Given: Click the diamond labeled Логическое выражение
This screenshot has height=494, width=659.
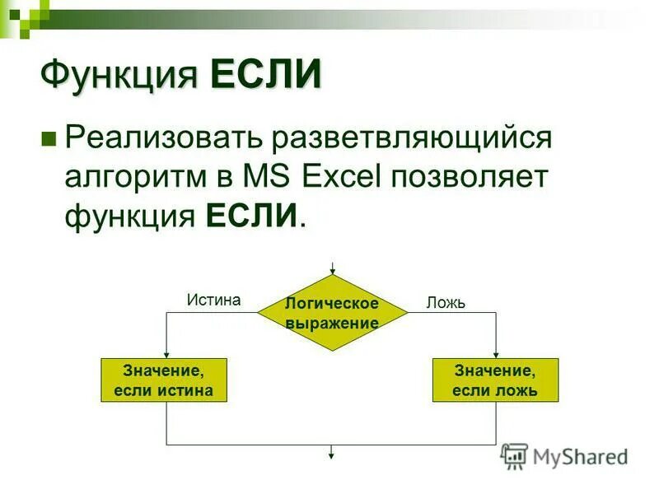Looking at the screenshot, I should click(332, 313).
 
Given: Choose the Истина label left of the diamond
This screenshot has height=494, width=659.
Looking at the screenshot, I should click(213, 300).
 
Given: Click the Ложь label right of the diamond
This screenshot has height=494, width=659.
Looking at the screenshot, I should click(446, 303).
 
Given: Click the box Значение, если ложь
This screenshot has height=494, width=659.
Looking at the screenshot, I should click(495, 380).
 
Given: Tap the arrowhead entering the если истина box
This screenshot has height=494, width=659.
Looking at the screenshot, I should click(167, 355).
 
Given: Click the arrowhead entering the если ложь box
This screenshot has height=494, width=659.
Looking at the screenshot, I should click(496, 355).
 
